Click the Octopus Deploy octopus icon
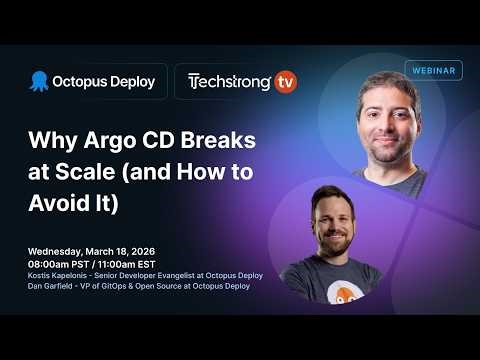click(39, 81)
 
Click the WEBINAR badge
click(433, 70)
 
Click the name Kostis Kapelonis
click(60, 275)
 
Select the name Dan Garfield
click(54, 286)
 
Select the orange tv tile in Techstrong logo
click(285, 82)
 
